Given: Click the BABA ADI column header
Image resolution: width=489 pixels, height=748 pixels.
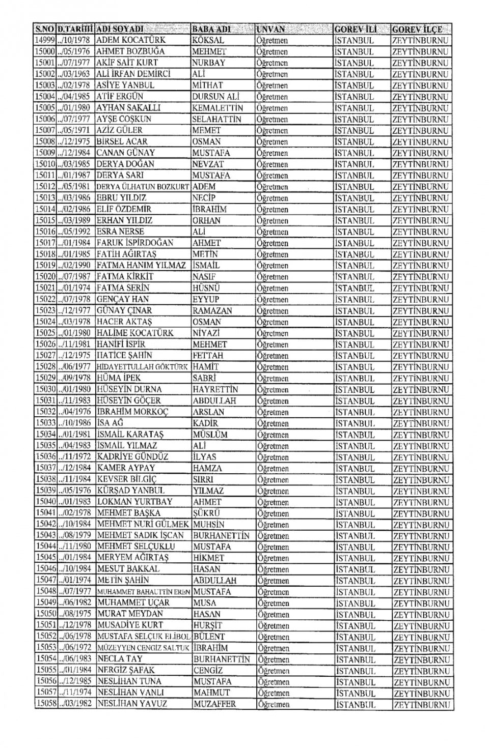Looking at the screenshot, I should [211, 29].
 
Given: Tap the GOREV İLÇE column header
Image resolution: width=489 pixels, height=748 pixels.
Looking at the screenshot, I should [418, 29].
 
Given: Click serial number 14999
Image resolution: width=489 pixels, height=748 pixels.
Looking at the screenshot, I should [45, 40].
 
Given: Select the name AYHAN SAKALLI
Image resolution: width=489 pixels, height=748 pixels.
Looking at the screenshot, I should [128, 108].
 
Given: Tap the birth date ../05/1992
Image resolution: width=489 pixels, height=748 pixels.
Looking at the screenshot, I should [74, 232].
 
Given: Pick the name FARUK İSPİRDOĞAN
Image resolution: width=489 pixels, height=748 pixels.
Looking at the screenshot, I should [135, 243].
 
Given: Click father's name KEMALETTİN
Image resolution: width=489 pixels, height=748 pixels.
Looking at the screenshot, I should [218, 108].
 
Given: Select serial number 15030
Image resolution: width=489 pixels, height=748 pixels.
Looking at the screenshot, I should [45, 389].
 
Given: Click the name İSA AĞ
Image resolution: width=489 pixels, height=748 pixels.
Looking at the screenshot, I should [110, 423].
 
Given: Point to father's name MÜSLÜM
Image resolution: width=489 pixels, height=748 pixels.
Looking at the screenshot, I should [210, 435].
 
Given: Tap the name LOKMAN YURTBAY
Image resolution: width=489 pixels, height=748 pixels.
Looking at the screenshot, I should [135, 502].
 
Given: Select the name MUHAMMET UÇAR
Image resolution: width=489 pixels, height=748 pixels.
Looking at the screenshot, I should [133, 603].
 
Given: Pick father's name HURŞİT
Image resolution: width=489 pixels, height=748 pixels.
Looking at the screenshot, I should [207, 625].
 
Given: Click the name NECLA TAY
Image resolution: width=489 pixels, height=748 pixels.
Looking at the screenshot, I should [120, 659].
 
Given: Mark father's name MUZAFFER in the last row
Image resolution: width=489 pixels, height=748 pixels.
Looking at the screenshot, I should [214, 704].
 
